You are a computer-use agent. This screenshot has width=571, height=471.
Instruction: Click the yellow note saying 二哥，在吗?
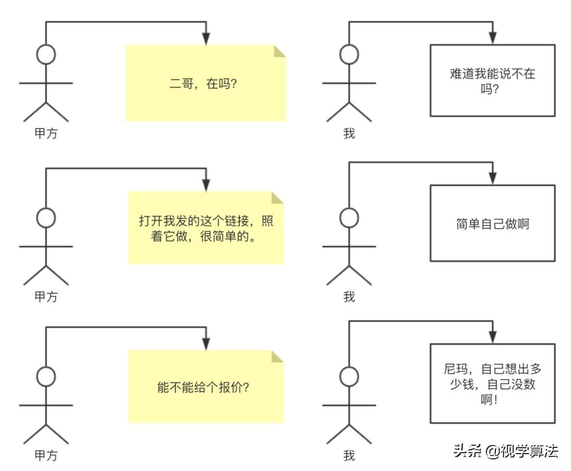[206, 84]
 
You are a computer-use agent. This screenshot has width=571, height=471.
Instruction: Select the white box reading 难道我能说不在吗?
[492, 80]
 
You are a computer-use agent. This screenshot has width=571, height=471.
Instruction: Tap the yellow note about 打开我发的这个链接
[206, 228]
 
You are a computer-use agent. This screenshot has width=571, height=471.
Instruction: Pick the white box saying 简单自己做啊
[492, 224]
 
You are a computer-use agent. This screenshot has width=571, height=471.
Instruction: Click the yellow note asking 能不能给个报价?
[206, 387]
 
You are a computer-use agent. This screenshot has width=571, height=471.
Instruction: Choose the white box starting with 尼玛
[492, 384]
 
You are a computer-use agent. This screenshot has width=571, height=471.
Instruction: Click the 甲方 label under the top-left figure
[46, 134]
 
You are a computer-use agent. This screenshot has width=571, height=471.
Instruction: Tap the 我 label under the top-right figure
[349, 134]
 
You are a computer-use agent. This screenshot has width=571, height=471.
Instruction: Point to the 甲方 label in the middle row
[46, 297]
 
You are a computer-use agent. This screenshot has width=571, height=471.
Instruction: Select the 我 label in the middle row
[349, 297]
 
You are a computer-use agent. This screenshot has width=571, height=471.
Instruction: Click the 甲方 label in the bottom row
[46, 455]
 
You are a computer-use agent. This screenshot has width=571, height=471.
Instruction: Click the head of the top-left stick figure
[46, 54]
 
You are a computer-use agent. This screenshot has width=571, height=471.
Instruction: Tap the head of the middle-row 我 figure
[349, 217]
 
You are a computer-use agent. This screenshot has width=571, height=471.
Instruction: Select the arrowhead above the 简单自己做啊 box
[492, 179]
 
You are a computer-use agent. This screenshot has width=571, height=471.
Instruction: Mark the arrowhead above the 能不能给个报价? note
[206, 344]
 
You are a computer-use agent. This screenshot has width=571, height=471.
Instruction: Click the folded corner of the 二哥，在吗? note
[279, 51]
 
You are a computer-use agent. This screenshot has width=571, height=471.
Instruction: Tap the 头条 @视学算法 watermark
[505, 451]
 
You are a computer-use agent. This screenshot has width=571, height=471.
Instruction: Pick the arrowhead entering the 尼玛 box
[492, 337]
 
